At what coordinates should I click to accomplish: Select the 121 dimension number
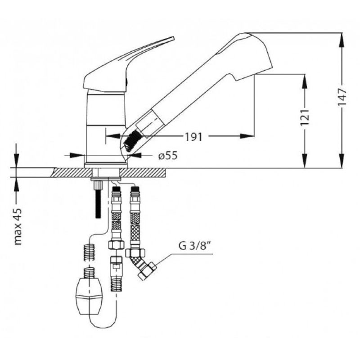point(305,117)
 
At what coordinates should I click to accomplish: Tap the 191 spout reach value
point(194,137)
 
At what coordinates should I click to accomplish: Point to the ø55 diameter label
point(168,156)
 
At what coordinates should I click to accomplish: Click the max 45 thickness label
point(18,227)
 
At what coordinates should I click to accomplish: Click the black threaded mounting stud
point(98,199)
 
